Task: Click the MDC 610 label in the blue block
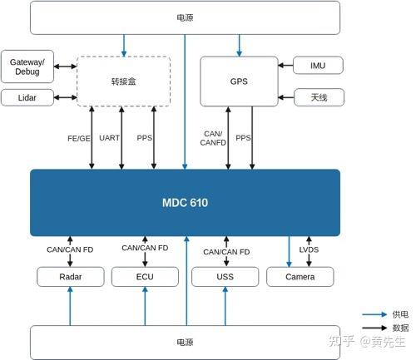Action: (185, 202)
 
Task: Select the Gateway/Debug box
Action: (27, 65)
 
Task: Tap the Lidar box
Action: (27, 98)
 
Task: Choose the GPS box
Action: (239, 81)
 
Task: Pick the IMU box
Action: (319, 65)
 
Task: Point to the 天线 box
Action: (319, 97)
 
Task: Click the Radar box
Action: (70, 277)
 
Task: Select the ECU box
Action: (145, 277)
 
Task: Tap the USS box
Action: (225, 277)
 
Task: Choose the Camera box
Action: (300, 277)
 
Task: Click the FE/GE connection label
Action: (79, 138)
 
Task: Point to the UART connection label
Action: (110, 138)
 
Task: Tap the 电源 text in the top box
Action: (185, 17)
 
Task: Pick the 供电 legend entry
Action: (399, 314)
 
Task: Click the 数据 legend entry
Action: (399, 329)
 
